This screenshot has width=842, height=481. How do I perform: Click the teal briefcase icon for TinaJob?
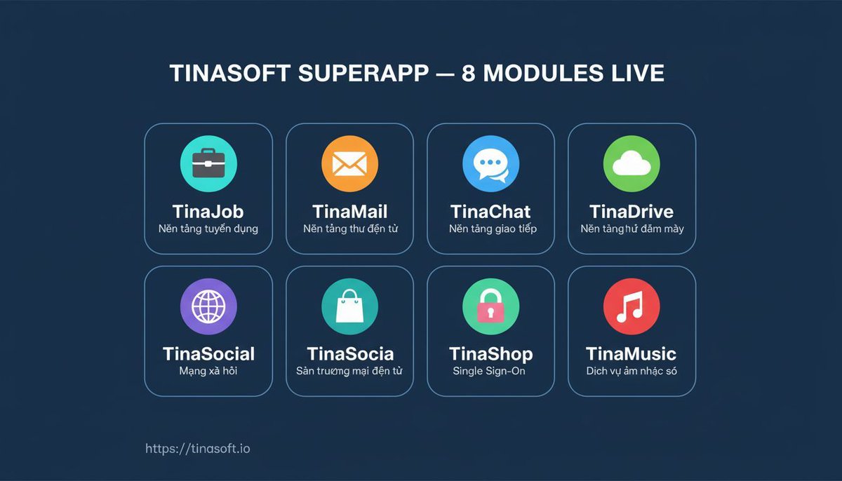(208, 165)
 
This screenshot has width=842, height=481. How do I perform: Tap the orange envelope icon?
(349, 165)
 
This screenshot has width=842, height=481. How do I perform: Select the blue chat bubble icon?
(490, 165)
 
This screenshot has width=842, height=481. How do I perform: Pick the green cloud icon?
(631, 165)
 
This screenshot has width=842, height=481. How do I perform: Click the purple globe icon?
(208, 307)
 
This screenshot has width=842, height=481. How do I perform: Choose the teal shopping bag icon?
(349, 307)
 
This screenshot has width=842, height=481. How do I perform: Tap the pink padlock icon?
(490, 307)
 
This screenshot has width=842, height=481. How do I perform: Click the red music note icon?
(631, 307)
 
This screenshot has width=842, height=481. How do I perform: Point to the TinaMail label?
(349, 211)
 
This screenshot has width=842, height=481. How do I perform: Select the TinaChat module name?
(490, 211)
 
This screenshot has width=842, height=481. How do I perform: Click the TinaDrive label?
(631, 211)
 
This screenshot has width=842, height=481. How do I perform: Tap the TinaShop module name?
(490, 353)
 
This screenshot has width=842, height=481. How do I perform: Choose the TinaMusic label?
(631, 353)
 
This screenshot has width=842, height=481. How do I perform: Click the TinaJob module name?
(208, 211)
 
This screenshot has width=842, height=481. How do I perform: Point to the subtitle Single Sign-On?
(489, 371)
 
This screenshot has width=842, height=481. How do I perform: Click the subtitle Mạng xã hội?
(208, 371)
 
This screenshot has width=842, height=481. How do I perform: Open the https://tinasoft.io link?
(197, 448)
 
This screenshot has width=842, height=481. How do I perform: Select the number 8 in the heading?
(469, 73)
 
